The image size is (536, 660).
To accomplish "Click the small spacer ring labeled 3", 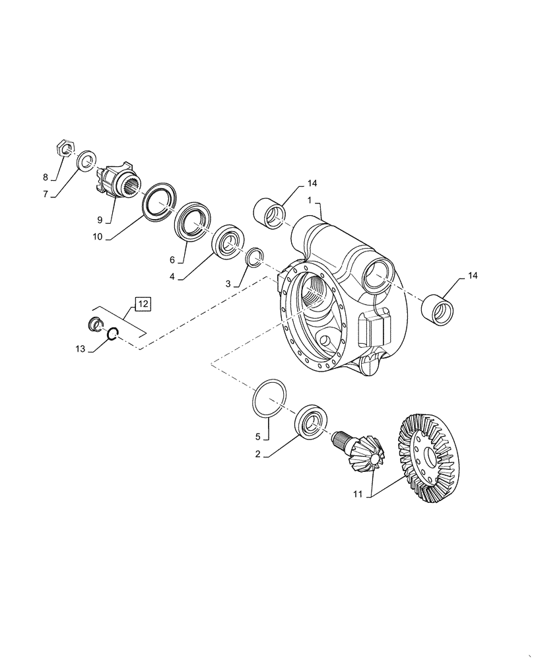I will [x=255, y=257].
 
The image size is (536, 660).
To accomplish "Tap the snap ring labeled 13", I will [x=112, y=335].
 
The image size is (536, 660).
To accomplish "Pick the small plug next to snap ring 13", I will [x=96, y=323].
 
